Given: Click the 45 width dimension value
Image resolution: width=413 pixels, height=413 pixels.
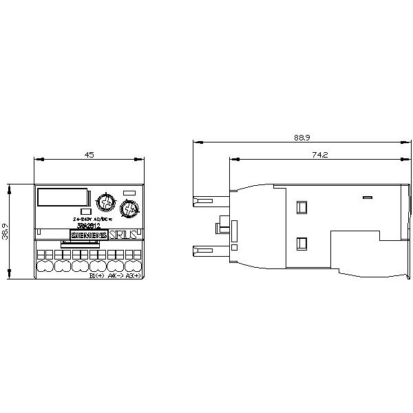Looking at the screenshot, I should point(89,156).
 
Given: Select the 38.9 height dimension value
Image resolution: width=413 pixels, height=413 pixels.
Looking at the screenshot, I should point(5,231).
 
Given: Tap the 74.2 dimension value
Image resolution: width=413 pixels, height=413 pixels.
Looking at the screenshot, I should point(319,156).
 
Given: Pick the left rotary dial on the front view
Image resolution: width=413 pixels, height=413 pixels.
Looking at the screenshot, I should point(105,202).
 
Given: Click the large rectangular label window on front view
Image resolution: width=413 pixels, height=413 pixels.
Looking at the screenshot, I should point(62,198).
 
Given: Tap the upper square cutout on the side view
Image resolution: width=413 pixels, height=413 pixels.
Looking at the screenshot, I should point(301,206).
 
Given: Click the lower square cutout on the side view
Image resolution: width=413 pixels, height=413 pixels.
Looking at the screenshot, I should point(301,242).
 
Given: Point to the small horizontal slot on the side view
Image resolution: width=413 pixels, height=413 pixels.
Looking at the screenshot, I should point(367,198).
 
